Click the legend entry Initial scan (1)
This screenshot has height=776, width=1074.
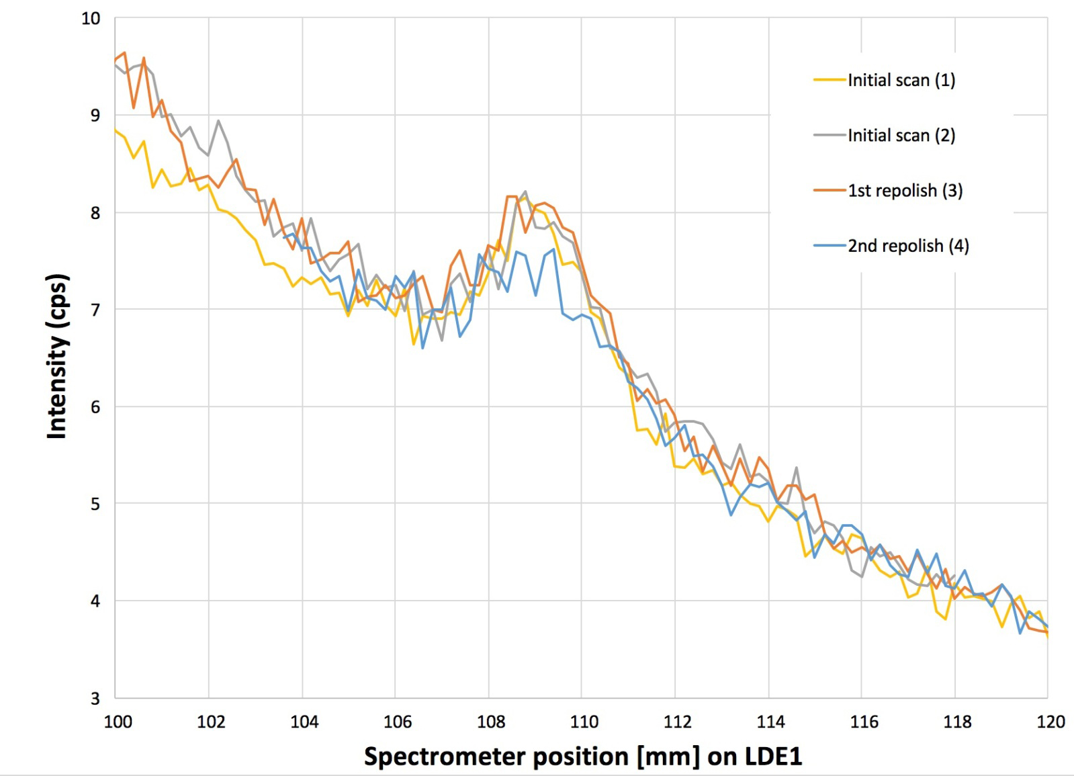901,80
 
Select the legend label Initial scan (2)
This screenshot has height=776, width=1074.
901,135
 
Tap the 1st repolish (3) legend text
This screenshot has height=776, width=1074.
905,190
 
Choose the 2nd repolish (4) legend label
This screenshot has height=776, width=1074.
908,245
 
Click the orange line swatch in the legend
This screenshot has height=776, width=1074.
830,191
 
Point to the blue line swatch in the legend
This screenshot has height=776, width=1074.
830,246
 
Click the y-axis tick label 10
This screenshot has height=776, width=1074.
91,19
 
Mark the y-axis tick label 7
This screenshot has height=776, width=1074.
95,310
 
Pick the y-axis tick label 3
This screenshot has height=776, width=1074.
95,699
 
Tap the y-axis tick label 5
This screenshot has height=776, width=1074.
95,504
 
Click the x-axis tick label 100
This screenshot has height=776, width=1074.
118,722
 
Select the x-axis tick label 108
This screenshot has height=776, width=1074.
491,722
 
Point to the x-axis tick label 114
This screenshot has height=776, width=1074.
770,722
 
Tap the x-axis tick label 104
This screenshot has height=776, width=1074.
304,722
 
